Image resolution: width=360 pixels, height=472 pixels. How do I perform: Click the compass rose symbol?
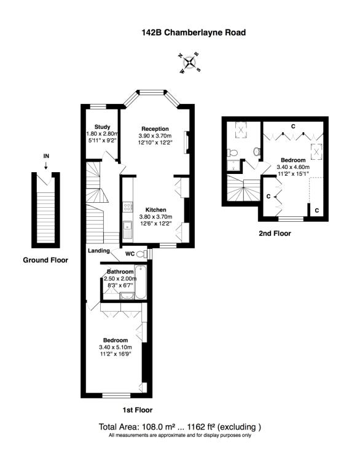[x=190, y=63]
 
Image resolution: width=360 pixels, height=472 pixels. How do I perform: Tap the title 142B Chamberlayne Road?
[x=194, y=33]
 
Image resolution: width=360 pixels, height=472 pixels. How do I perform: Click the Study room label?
[x=102, y=127]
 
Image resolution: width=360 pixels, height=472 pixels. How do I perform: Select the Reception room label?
[x=155, y=129]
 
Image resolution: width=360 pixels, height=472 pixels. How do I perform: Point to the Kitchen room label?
[x=155, y=210]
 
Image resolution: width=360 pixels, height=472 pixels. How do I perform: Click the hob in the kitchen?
[x=127, y=206]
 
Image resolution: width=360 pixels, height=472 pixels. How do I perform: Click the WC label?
[x=130, y=254]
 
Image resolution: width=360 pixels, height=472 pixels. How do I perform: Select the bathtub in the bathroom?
[x=140, y=282]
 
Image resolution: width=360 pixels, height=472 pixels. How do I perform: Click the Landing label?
[x=99, y=251]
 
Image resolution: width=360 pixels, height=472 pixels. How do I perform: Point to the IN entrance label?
[x=46, y=156]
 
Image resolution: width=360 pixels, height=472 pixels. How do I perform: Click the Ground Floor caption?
[x=45, y=260]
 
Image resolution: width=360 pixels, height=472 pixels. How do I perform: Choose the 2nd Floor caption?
[x=275, y=234]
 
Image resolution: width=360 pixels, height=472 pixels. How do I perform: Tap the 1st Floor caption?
[x=137, y=410]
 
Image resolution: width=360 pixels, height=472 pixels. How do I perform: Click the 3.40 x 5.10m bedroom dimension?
[x=115, y=347]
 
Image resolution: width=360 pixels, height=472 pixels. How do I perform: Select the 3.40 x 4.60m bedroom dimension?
[x=293, y=167]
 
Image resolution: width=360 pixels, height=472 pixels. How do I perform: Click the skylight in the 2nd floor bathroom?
[x=241, y=130]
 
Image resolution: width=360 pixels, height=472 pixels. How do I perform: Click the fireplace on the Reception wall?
[x=187, y=142]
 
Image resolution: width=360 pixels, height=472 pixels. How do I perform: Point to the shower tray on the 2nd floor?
[x=233, y=165]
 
